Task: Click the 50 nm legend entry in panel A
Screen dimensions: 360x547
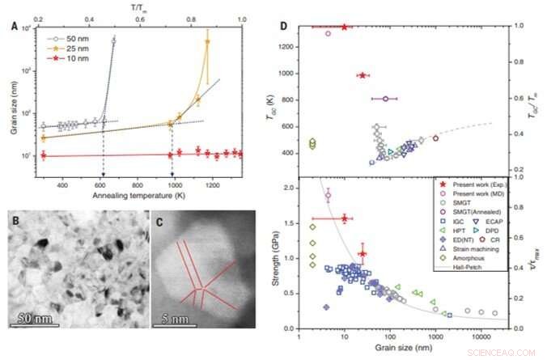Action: [x=72, y=37]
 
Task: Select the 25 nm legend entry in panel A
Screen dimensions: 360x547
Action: [x=72, y=48]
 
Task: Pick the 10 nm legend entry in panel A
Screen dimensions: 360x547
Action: [x=72, y=58]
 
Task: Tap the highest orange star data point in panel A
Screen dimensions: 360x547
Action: [x=207, y=40]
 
